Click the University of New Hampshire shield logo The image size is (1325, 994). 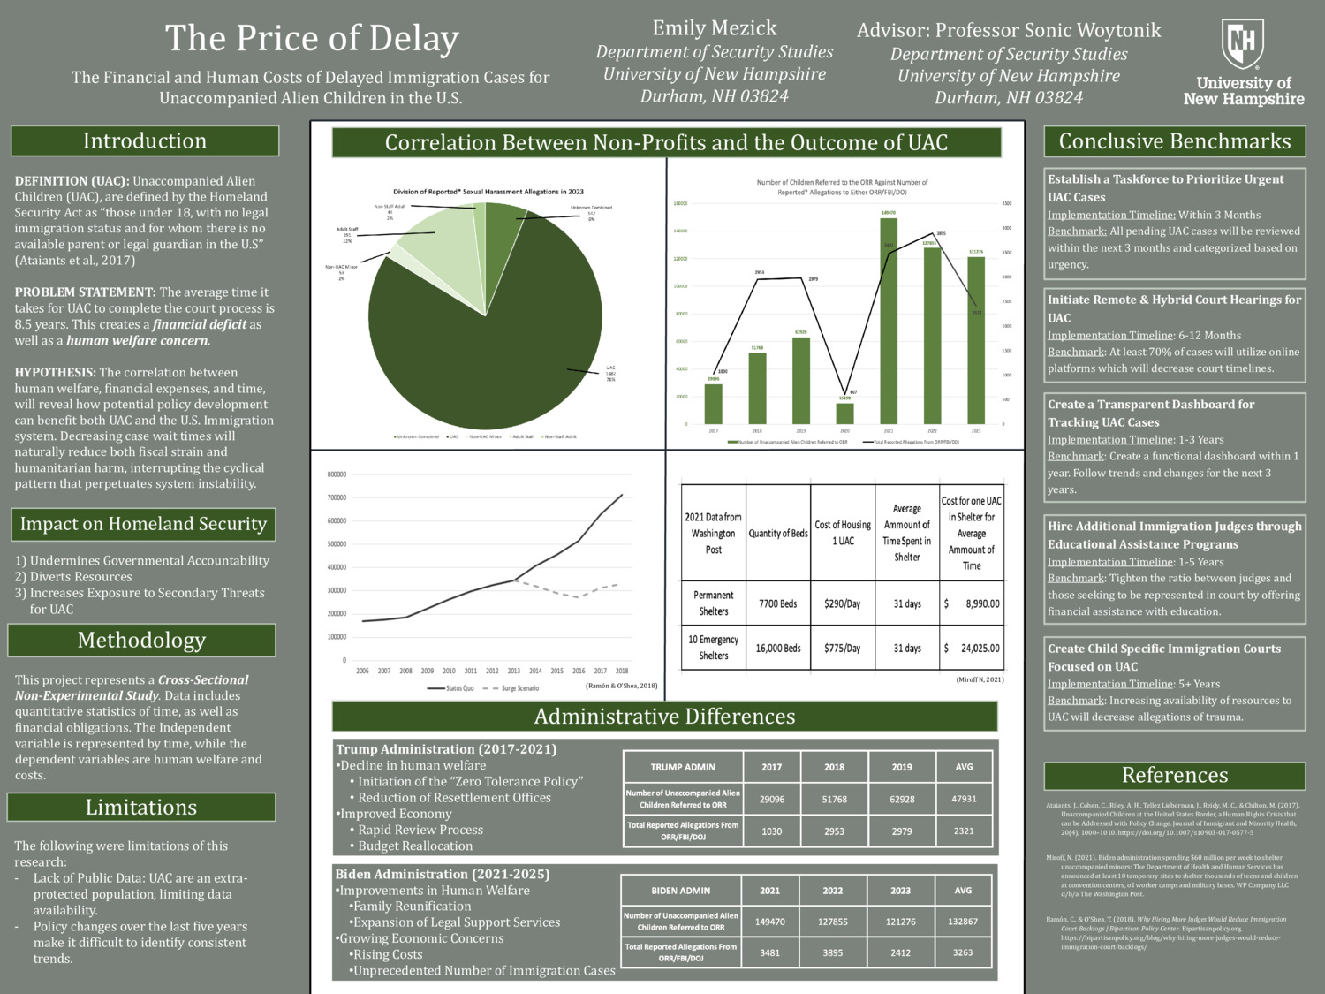[x=1243, y=44]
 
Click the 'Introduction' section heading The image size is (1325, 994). [x=145, y=141]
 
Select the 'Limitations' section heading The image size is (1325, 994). [x=141, y=808]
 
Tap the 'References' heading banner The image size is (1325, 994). [x=1175, y=776]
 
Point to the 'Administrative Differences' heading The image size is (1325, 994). [x=664, y=717]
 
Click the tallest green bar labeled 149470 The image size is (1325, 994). [x=889, y=321]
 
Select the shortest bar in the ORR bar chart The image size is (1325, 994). [x=845, y=413]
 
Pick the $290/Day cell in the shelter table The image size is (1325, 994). [x=842, y=604]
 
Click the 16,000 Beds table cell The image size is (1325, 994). [x=778, y=649]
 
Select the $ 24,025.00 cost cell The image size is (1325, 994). [x=972, y=649]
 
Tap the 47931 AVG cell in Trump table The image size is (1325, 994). [x=964, y=799]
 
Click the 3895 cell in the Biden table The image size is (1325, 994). [x=833, y=953]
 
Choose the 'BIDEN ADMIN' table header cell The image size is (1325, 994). [x=681, y=891]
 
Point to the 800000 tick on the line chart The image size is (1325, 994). [x=337, y=474]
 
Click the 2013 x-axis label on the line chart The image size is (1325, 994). [x=513, y=672]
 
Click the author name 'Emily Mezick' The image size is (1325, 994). [x=715, y=28]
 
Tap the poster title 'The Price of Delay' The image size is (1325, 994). [x=312, y=38]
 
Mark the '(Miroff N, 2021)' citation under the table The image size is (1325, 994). [x=980, y=679]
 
